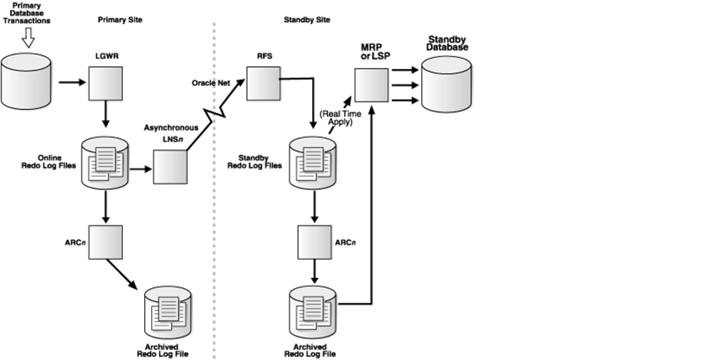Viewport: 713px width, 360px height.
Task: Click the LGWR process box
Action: click(x=106, y=83)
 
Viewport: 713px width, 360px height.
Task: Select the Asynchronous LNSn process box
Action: click(x=170, y=167)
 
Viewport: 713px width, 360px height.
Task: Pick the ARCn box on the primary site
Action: click(x=106, y=242)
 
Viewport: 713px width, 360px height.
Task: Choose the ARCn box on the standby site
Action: click(x=315, y=241)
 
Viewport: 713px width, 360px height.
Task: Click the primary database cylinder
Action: click(x=26, y=82)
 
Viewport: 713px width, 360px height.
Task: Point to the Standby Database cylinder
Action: click(x=446, y=85)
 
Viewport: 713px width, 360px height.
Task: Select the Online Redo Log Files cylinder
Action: click(x=105, y=164)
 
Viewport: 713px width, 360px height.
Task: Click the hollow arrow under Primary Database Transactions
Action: click(x=28, y=41)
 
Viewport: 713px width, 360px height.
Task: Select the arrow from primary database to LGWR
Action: click(x=71, y=83)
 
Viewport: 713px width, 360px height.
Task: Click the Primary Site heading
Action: click(x=120, y=20)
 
